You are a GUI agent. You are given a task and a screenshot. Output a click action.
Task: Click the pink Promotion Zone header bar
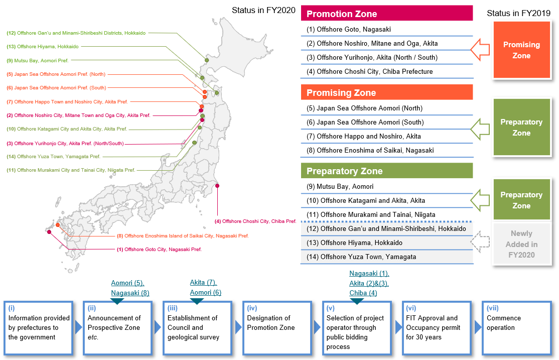click(387, 14)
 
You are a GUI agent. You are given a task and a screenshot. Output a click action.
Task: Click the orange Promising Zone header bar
click(387, 92)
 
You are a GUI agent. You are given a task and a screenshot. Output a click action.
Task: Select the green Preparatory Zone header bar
click(387, 171)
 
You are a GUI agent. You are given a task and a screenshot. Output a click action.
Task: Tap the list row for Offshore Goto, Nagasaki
click(387, 29)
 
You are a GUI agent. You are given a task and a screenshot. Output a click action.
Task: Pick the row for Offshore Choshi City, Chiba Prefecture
click(387, 71)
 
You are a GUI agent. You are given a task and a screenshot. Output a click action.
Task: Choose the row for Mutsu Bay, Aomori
click(387, 186)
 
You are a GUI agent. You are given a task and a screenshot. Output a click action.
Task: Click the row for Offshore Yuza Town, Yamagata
click(387, 257)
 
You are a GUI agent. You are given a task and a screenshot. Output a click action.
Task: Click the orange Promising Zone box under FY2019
click(522, 50)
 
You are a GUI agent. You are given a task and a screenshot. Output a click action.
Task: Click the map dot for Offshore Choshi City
click(217, 186)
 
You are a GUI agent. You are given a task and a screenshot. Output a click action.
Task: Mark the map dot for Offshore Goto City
click(49, 232)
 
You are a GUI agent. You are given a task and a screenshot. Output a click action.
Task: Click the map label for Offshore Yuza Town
click(58, 157)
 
